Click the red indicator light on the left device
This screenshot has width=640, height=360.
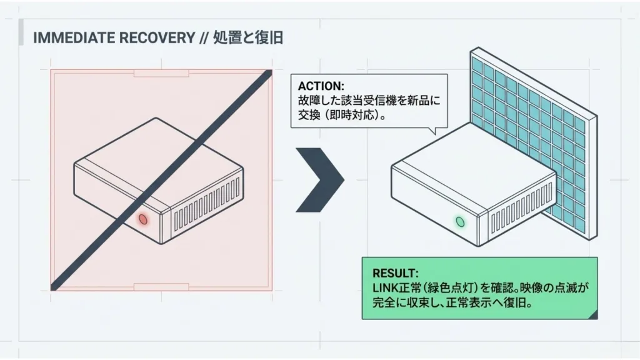pos(142,219)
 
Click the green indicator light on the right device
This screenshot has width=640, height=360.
pos(461,221)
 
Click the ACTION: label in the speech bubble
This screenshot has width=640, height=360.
pos(321,86)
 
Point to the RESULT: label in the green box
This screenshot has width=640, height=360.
pos(395,273)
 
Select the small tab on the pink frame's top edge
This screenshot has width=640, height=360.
pos(161,73)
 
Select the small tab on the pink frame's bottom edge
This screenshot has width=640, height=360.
pos(161,287)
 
